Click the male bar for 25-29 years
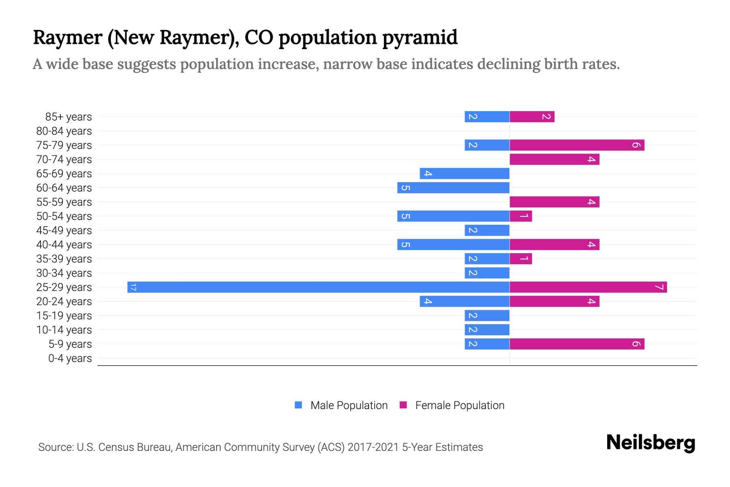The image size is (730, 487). (x=318, y=287)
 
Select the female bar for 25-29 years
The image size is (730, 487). (x=588, y=287)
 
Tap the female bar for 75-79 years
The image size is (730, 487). (x=577, y=145)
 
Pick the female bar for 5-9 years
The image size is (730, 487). (x=577, y=344)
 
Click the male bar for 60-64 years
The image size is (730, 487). (x=453, y=188)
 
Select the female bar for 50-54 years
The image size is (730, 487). (x=521, y=216)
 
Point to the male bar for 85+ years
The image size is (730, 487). (x=487, y=117)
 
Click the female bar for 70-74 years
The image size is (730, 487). (x=554, y=159)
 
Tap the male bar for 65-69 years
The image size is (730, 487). (x=464, y=174)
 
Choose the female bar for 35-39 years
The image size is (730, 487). (x=521, y=259)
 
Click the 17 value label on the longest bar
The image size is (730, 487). (x=133, y=287)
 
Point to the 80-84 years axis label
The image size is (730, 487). (x=64, y=131)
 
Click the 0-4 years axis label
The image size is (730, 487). (x=70, y=358)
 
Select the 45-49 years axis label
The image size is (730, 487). (x=64, y=231)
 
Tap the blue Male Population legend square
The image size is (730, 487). (x=298, y=405)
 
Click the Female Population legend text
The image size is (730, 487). (x=459, y=405)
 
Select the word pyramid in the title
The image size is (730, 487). (x=420, y=37)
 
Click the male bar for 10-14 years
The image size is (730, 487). (x=487, y=330)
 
